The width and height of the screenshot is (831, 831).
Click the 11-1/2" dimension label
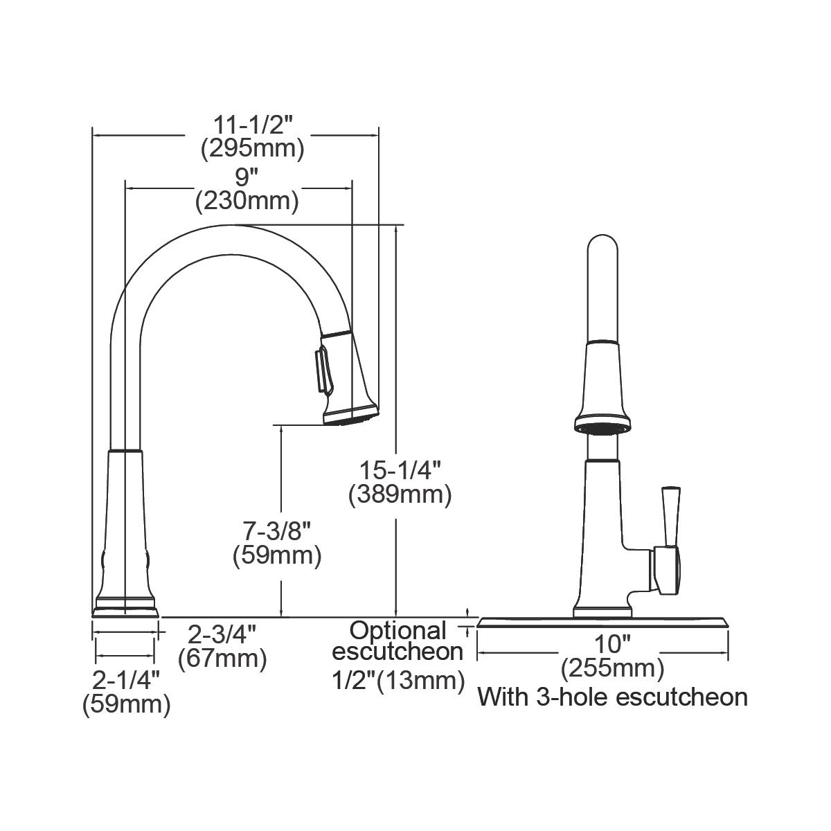(x=253, y=126)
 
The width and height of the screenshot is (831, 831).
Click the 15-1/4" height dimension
(x=400, y=471)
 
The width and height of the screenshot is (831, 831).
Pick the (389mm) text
(x=400, y=494)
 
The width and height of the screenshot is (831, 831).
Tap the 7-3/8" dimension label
(x=277, y=532)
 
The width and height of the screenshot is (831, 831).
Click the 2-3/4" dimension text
(x=223, y=634)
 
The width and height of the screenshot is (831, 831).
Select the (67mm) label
(x=222, y=658)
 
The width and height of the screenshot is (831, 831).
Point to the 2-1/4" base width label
(x=127, y=680)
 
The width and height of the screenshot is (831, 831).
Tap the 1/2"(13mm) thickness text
(x=397, y=681)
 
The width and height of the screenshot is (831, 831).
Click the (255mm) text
(x=612, y=668)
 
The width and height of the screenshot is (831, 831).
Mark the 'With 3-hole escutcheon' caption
(x=612, y=696)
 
